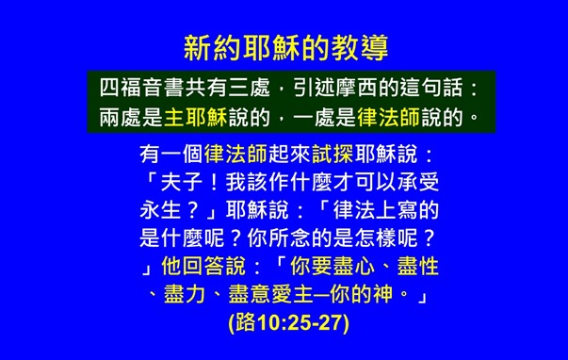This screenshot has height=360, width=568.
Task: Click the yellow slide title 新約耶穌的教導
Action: pyautogui.click(x=284, y=47)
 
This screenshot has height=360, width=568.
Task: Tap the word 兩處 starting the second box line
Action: pyautogui.click(x=122, y=120)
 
